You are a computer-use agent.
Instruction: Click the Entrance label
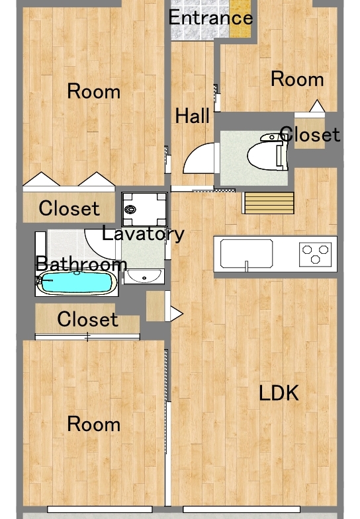pos(210,18)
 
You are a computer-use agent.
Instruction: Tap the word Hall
pos(192,116)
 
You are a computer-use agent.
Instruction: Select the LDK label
pos(279,393)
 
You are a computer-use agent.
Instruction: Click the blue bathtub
pos(77,283)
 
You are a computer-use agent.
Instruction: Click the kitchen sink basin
pos(246,254)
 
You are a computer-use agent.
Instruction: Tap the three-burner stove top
pos(315,254)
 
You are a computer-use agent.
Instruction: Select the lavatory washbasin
pos(144,276)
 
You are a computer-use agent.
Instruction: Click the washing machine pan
pos(144,210)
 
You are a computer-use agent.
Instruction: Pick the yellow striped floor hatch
pos(269,203)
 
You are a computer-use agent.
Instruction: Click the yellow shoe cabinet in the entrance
pos(240,19)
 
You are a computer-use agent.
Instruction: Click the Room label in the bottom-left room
pos(94,424)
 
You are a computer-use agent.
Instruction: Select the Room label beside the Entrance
pos(297,79)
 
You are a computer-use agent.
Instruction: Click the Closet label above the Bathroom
pos(69,208)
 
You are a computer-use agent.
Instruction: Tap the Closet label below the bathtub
pos(87,319)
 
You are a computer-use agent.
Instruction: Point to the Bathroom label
pos(81,264)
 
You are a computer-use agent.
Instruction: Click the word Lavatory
pos(143,233)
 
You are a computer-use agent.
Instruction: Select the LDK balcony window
pos(242,509)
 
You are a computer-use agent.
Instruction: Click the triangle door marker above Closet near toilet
pos(317,106)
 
